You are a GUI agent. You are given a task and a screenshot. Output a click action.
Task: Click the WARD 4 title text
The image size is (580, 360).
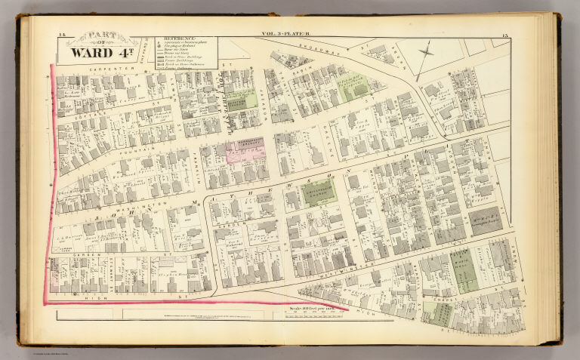pos(101,53)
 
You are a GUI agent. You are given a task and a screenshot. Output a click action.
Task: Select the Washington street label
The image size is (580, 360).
pos(140,205)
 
